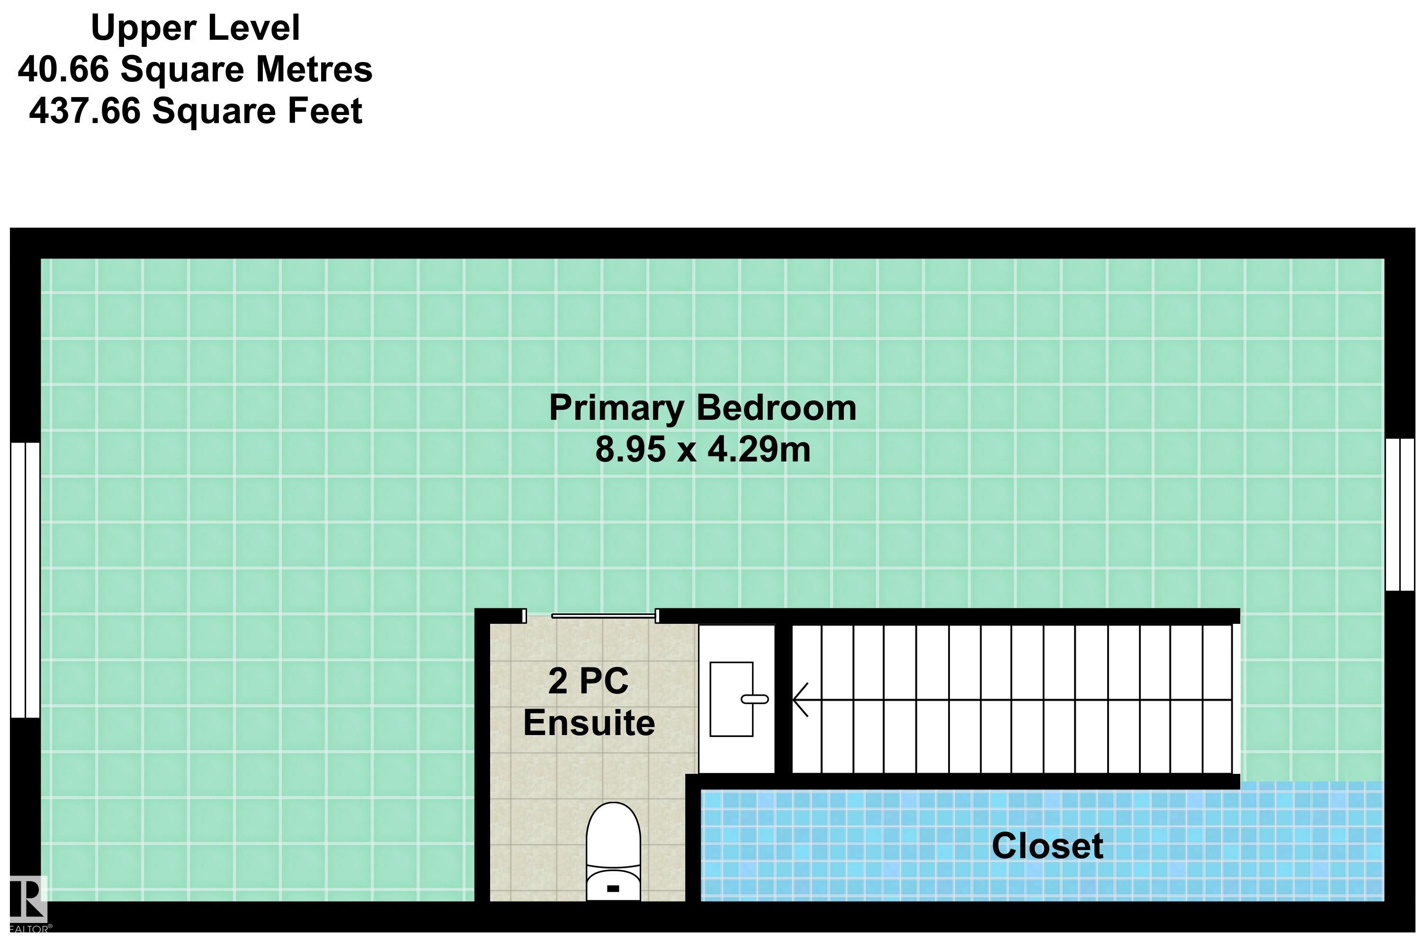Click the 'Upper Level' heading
[x=196, y=28]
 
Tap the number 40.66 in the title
[x=63, y=69]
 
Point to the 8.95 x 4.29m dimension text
[x=703, y=449]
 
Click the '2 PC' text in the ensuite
[x=588, y=681]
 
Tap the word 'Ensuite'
[x=589, y=723]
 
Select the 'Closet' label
[x=1047, y=846]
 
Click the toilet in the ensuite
[x=613, y=852]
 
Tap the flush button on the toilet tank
[x=613, y=888]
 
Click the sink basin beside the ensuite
[x=731, y=699]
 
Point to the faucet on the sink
[x=754, y=699]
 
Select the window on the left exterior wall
[x=25, y=580]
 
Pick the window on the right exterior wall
[x=1400, y=514]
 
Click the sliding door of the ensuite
[x=603, y=616]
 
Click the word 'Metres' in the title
[x=314, y=69]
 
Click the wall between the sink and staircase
[x=783, y=699]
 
